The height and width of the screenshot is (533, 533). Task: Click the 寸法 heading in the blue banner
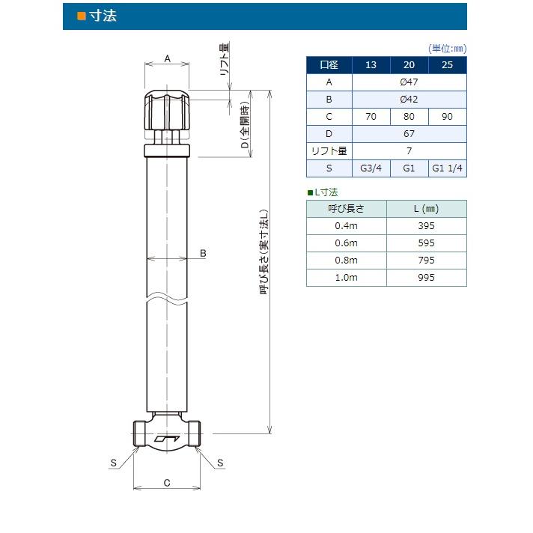pos(103,16)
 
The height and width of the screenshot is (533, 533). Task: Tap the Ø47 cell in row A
pos(409,82)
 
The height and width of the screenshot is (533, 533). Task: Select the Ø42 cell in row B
pos(409,99)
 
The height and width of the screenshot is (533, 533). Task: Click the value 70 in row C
pos(371,117)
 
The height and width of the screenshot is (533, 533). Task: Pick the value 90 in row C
pos(447,117)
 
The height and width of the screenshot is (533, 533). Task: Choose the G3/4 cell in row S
pos(371,168)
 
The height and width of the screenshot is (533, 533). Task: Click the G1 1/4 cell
pos(447,168)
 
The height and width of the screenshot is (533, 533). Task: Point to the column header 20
pos(409,64)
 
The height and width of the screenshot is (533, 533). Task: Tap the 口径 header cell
pos(329,64)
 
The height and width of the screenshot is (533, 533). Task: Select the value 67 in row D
pos(409,134)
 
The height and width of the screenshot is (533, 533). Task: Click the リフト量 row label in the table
pos(329,151)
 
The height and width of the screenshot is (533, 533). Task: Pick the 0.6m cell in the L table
pos(346,243)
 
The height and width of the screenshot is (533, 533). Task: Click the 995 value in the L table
pos(426,277)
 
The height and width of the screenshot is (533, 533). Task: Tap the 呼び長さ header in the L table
pos(346,209)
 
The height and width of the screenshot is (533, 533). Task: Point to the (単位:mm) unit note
pos(447,48)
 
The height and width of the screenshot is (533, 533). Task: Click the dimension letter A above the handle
pos(167,58)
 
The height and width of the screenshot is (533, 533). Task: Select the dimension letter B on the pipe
pos(203,254)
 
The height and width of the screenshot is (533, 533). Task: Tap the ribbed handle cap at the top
pos(167,110)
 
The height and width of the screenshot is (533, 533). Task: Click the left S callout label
pos(114,463)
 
